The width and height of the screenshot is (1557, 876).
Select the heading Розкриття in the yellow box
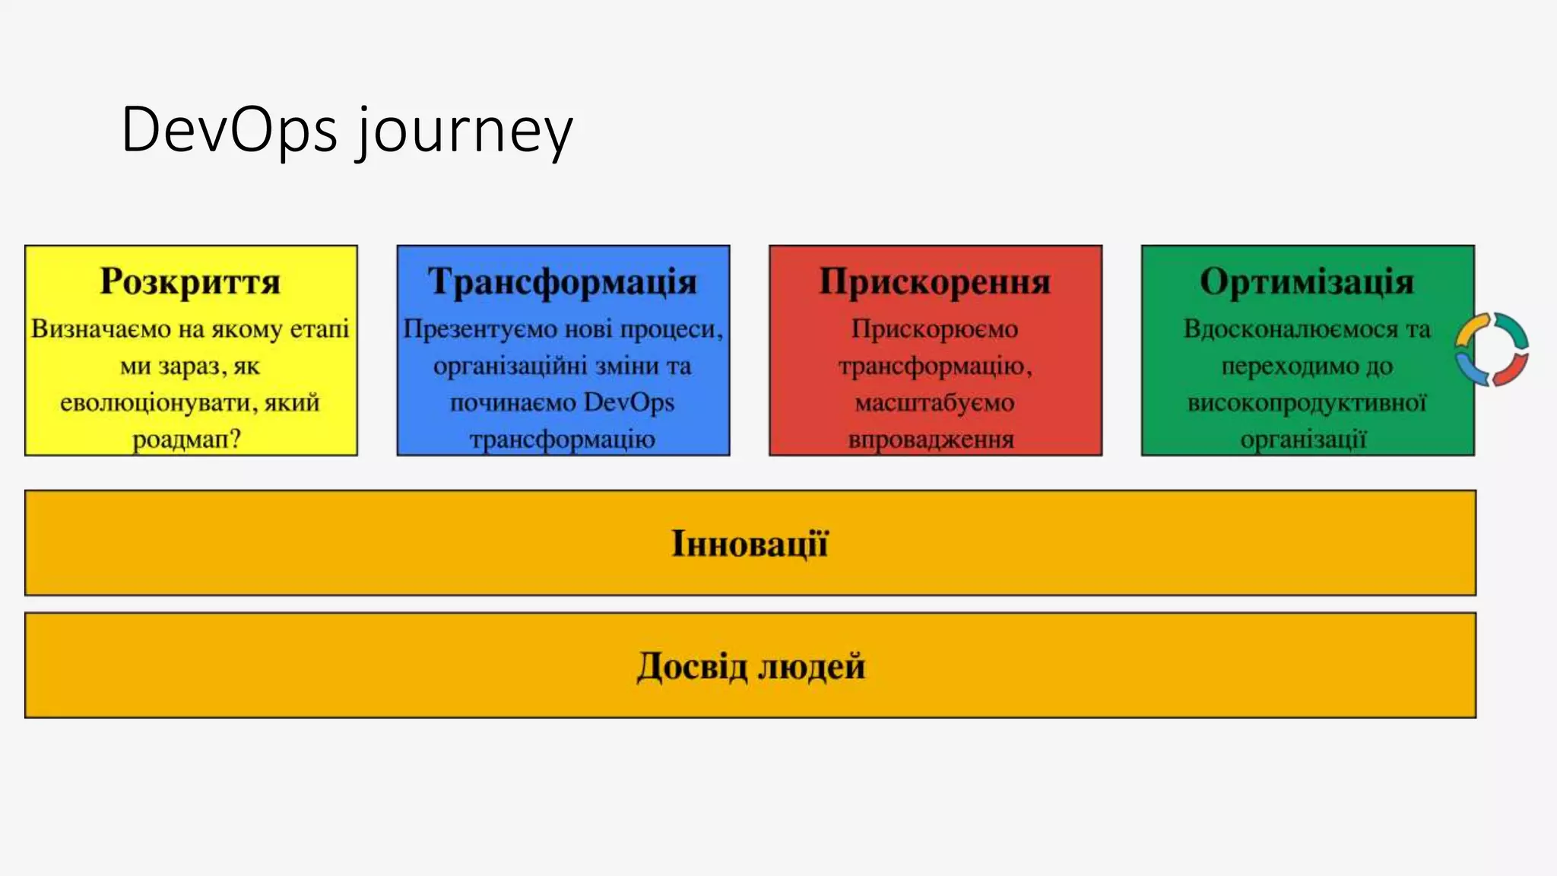[190, 281]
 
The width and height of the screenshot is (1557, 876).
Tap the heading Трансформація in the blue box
[563, 281]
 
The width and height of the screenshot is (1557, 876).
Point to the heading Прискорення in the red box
[935, 281]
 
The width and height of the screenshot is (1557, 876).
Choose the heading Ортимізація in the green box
[1307, 281]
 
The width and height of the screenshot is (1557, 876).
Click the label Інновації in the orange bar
[750, 544]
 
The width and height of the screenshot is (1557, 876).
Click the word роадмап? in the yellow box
[186, 440]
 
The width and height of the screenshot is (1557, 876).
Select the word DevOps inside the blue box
[629, 402]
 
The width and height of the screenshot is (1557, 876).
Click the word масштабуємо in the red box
[934, 402]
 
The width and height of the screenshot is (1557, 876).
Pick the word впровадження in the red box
[931, 440]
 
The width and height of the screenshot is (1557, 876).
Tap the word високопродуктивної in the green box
[1307, 402]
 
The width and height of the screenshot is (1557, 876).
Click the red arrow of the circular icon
[1511, 370]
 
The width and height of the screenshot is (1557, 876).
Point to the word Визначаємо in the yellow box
[101, 329]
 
